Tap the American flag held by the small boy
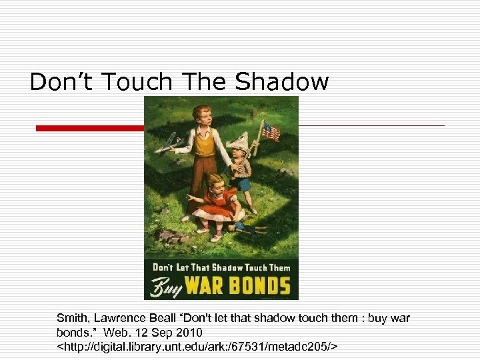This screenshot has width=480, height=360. [270, 131]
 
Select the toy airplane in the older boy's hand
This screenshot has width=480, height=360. [172, 142]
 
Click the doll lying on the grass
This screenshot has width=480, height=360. [247, 227]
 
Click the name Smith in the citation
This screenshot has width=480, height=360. [71, 319]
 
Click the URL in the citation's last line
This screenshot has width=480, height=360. [197, 346]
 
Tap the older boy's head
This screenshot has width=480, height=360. [202, 115]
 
